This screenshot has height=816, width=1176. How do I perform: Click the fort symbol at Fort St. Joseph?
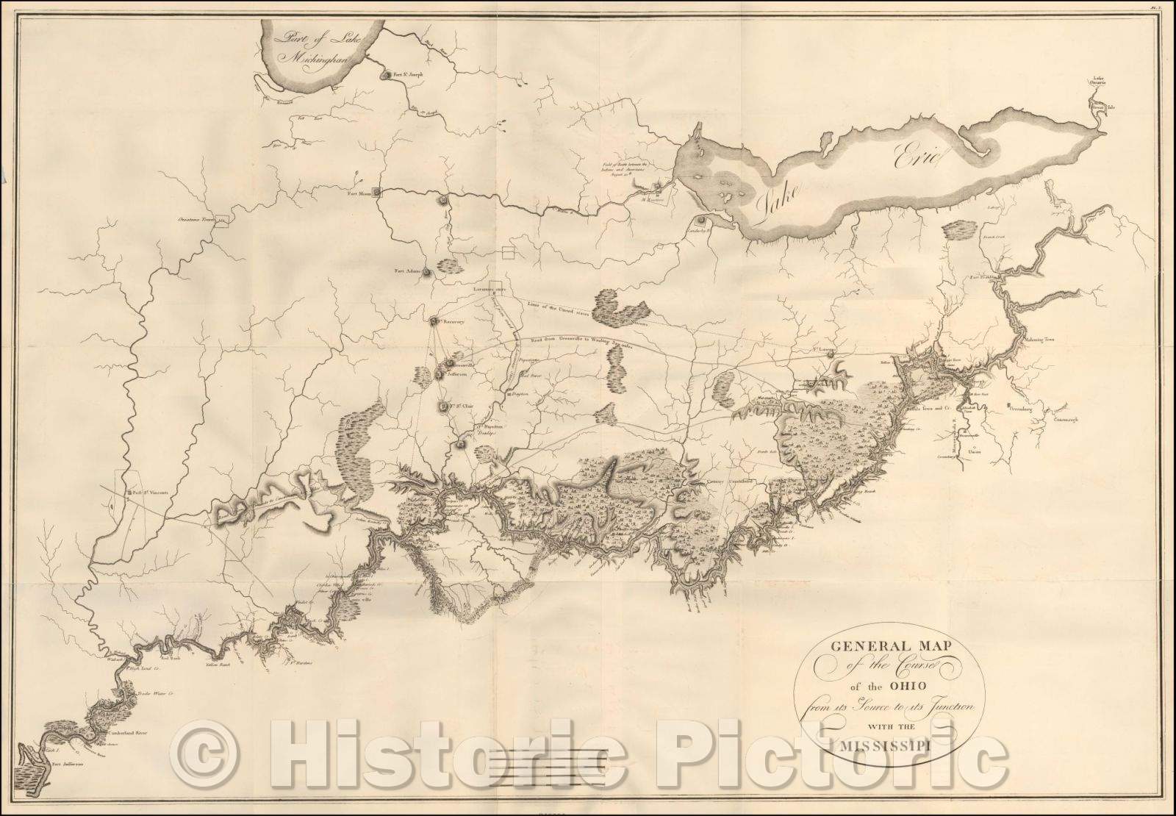(384, 75)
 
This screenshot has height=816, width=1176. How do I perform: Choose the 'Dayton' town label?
(521, 395)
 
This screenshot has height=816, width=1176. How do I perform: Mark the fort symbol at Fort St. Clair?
(442, 406)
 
